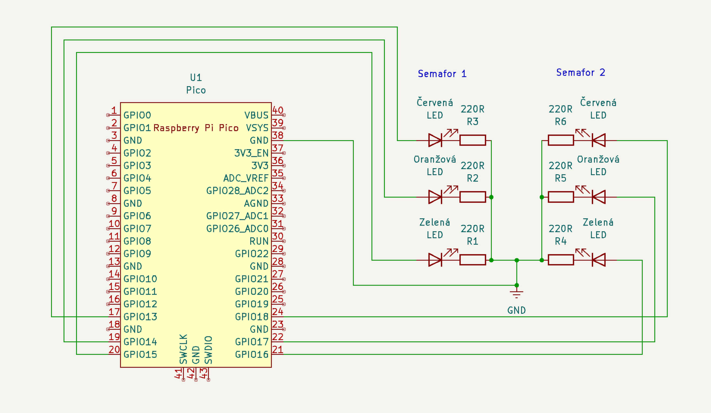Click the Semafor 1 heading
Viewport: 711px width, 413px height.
[x=442, y=74]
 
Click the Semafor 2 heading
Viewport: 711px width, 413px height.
[x=580, y=73]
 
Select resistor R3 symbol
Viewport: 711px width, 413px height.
[x=472, y=140]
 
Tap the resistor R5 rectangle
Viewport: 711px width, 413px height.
[x=561, y=197]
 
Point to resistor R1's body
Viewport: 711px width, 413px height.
[x=472, y=260]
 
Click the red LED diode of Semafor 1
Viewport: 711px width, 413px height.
[x=435, y=140]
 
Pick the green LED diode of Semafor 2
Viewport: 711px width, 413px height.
[x=598, y=260]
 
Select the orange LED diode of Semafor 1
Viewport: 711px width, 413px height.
[x=435, y=197]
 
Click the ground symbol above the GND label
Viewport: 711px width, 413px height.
[x=516, y=294]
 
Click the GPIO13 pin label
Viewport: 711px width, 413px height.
[x=140, y=317]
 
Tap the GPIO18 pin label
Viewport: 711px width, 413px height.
[x=252, y=317]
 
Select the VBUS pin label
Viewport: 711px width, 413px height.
[x=256, y=115]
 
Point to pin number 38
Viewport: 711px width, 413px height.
[x=278, y=135]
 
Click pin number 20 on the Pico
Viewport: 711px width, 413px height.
[x=114, y=350]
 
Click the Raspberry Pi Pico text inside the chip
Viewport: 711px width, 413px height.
[x=196, y=128]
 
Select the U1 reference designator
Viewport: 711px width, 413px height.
[x=196, y=77]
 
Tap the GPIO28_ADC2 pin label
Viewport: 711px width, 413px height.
[x=237, y=191]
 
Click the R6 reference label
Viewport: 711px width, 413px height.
[x=560, y=122]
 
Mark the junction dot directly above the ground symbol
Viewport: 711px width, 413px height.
[x=517, y=285]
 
